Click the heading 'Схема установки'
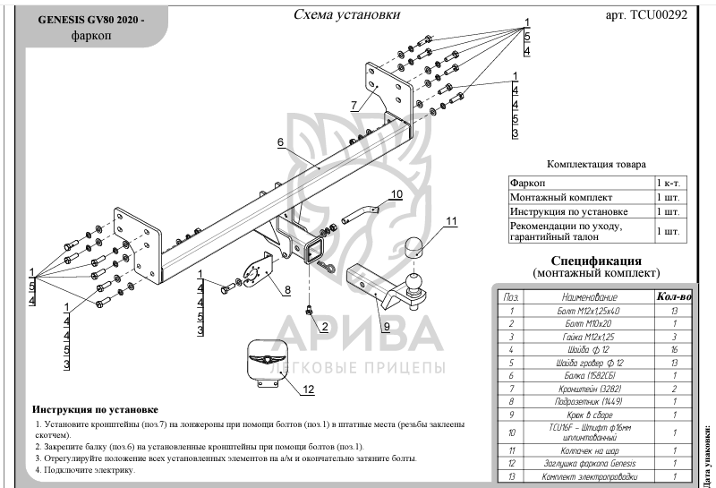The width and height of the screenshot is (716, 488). (346, 15)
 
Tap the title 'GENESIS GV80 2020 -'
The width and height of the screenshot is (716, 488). (89, 20)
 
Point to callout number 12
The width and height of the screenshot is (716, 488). (308, 389)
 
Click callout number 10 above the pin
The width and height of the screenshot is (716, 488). (396, 193)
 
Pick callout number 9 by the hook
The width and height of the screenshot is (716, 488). (386, 327)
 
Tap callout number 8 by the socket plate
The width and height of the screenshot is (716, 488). (287, 290)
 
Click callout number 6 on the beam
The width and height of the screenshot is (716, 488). (279, 142)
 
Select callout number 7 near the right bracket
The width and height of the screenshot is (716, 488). (354, 106)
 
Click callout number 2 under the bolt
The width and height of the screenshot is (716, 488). (325, 326)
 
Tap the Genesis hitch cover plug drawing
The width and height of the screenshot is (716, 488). (265, 361)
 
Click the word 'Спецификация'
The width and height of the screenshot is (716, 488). (595, 259)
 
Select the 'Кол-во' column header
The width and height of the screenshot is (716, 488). (674, 295)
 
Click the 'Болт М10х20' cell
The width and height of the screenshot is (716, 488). (589, 322)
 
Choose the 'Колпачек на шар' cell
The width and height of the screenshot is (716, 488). (589, 451)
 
